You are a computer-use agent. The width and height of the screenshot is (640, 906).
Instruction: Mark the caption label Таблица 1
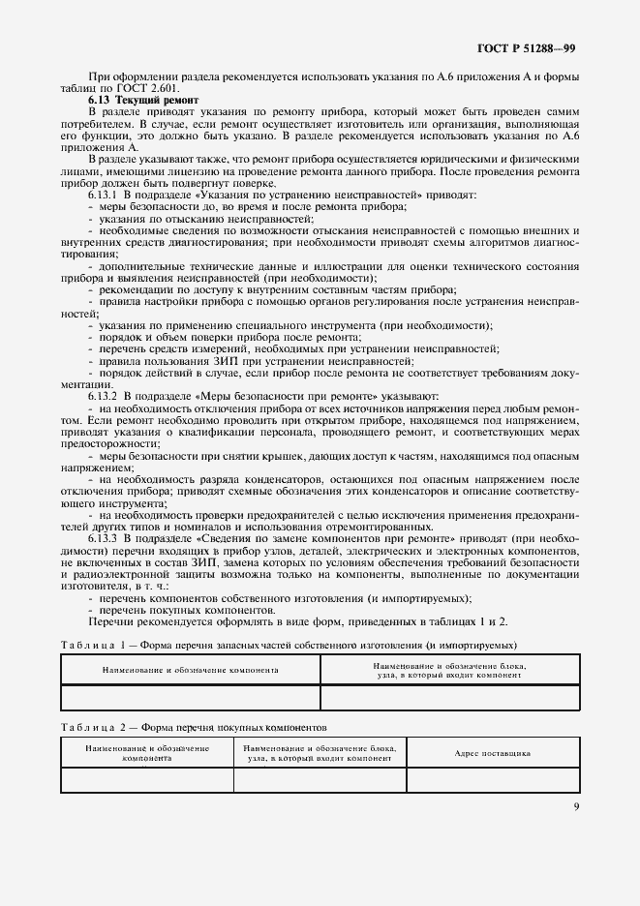coord(93,645)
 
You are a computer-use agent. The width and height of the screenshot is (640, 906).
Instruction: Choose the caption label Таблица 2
coord(93,725)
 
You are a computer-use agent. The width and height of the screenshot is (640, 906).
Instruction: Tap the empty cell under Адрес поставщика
coord(492,779)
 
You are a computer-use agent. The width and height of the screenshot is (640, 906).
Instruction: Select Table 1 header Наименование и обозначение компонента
coord(191,669)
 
